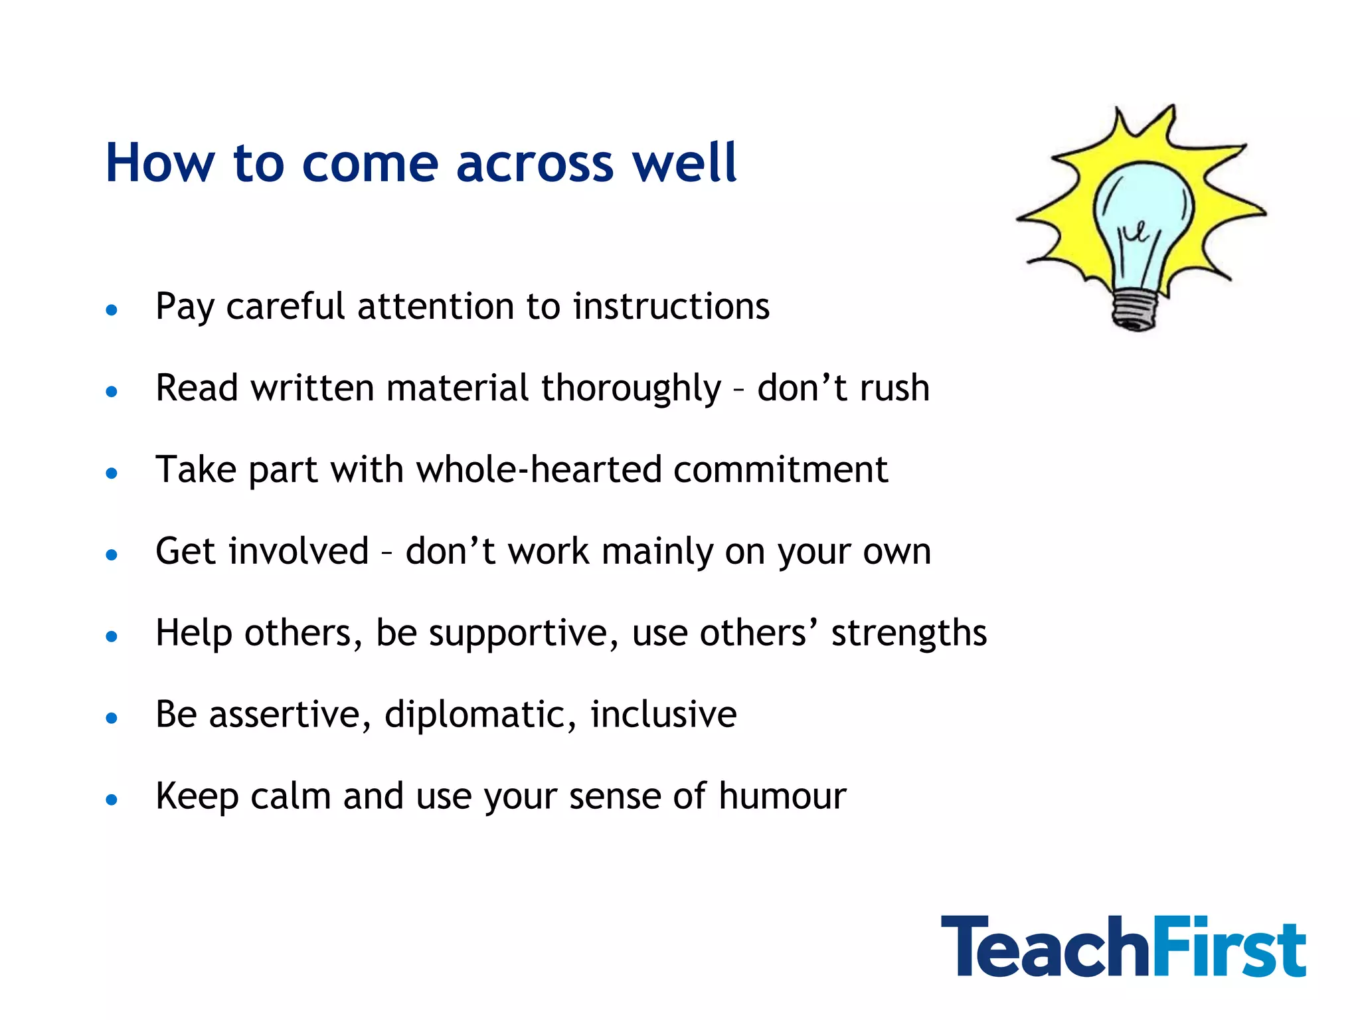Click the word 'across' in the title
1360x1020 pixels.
[x=535, y=163]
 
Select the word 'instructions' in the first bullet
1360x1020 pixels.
[x=671, y=306]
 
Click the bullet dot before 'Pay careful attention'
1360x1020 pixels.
[x=112, y=309]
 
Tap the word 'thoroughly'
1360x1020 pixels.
[x=631, y=388]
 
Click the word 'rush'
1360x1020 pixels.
[x=894, y=388]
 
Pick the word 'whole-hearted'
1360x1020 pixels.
[x=539, y=469]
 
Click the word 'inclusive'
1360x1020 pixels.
[x=663, y=715]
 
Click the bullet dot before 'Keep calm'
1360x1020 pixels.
[x=112, y=800]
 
